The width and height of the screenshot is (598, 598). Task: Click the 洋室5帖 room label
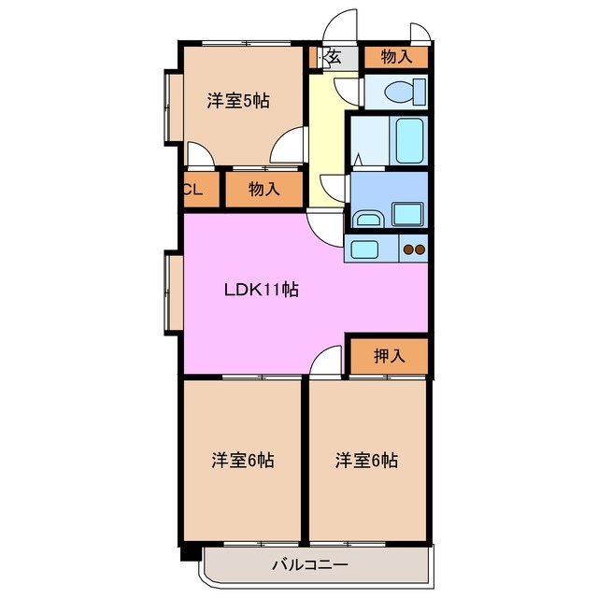point(238,101)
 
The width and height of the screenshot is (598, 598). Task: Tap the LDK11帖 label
point(261,290)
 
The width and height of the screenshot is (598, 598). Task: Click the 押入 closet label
point(389,355)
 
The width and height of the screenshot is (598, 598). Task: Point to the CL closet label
point(193,190)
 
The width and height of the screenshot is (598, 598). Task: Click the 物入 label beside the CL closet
point(263,190)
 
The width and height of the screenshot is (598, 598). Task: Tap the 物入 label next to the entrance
point(396,57)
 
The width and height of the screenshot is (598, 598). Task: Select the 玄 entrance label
point(333,57)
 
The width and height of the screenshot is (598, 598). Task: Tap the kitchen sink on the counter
point(363,249)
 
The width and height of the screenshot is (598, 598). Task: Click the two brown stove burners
point(414,249)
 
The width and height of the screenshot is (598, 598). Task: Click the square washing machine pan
point(406,213)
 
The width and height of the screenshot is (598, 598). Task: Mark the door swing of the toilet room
point(349,92)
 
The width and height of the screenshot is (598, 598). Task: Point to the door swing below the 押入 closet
point(327,361)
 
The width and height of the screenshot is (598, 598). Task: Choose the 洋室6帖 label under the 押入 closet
point(367,460)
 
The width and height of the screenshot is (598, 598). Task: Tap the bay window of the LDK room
point(172,293)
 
